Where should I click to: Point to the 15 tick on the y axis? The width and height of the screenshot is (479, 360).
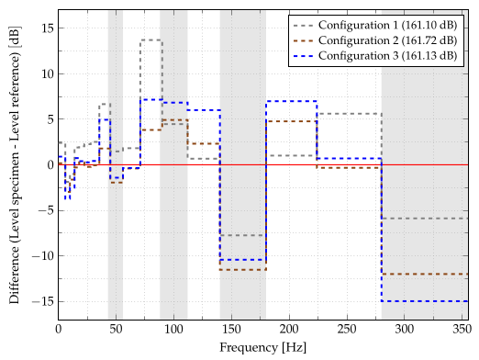tap(45, 28)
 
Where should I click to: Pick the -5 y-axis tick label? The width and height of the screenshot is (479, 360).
tap(45, 210)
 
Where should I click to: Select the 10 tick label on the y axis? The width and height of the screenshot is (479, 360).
tap(45, 73)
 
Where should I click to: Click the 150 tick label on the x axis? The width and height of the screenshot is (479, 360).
tap(231, 329)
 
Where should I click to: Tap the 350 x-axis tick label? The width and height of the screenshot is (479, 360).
tap(462, 329)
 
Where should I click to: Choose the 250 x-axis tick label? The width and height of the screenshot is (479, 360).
tap(347, 329)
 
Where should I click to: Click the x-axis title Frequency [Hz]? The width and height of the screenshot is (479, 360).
tap(262, 347)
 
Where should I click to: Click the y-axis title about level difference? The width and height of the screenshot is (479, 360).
tap(14, 165)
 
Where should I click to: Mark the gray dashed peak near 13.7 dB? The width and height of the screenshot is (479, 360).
tap(151, 40)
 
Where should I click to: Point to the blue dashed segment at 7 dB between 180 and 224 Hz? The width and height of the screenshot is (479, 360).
tap(292, 101)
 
